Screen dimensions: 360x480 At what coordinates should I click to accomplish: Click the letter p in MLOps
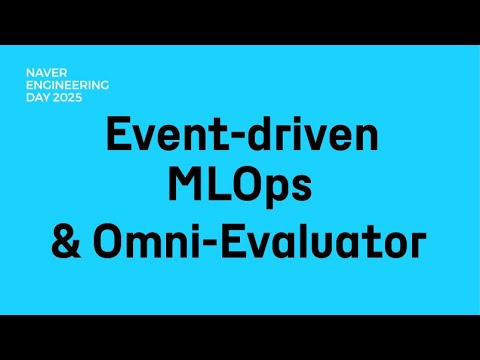click(273, 193)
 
